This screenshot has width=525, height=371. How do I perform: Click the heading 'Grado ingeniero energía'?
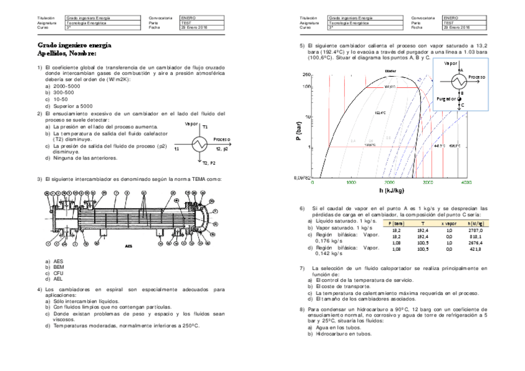(74, 45)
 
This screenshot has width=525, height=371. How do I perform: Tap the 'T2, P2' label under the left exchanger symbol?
(209, 163)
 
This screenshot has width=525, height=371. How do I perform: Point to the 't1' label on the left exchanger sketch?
(177, 149)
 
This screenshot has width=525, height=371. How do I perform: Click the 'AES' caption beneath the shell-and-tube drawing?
(129, 246)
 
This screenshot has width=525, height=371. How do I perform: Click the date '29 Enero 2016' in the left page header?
(194, 28)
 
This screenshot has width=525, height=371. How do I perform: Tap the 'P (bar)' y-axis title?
(298, 131)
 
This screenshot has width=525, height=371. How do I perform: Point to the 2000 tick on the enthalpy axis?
(389, 183)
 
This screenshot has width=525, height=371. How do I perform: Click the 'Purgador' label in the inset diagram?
(446, 98)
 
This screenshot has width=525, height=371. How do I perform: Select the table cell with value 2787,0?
(476, 230)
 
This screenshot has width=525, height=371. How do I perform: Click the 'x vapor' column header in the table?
(449, 223)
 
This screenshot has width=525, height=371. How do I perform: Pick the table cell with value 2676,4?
(476, 243)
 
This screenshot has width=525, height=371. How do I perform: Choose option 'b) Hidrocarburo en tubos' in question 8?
(344, 334)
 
